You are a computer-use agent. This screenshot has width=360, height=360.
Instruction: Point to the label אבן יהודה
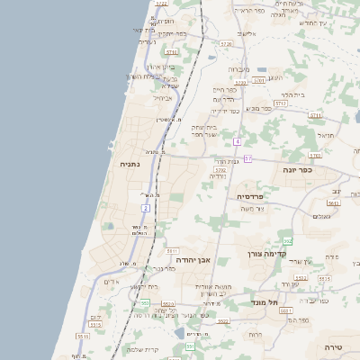(x=193, y=259)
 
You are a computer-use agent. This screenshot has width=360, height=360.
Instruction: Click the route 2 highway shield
(x=145, y=208)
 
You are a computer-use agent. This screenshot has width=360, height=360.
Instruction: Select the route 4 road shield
(x=237, y=141)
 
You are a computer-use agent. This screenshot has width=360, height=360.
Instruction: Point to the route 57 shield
(x=247, y=158)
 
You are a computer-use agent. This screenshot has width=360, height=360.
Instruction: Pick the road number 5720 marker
(x=226, y=43)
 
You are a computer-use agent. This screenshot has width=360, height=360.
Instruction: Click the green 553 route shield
(x=145, y=303)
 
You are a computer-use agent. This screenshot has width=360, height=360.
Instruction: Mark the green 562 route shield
(x=287, y=240)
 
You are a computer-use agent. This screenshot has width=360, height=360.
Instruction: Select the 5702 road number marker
(x=220, y=168)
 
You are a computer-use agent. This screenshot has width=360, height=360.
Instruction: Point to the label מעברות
(x=238, y=69)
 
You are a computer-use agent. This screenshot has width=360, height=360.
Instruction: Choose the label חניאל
(x=325, y=136)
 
